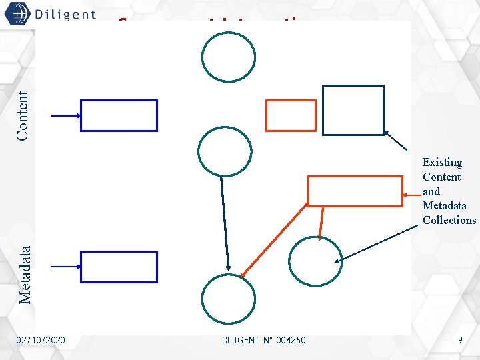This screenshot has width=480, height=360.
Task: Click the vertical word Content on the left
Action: [23, 115]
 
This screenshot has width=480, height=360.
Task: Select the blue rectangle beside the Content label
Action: [119, 115]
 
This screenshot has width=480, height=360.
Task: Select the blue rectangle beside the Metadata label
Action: [119, 267]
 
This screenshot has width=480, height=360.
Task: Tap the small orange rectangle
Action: [291, 115]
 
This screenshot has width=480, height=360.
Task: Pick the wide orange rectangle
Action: [355, 191]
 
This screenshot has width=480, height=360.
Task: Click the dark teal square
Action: [353, 110]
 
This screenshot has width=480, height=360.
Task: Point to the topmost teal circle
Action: [229, 57]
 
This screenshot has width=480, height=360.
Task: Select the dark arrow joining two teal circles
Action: [225, 223]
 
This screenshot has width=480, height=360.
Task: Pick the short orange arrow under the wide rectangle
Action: [321, 223]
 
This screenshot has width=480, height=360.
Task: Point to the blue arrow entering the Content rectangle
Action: [65, 115]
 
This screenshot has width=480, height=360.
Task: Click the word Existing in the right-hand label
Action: [442, 162]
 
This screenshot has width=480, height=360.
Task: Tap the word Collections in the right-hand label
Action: [449, 220]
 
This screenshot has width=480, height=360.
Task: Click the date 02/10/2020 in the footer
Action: [41, 341]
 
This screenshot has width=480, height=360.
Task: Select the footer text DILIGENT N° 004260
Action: [263, 341]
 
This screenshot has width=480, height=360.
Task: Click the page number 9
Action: [460, 341]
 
